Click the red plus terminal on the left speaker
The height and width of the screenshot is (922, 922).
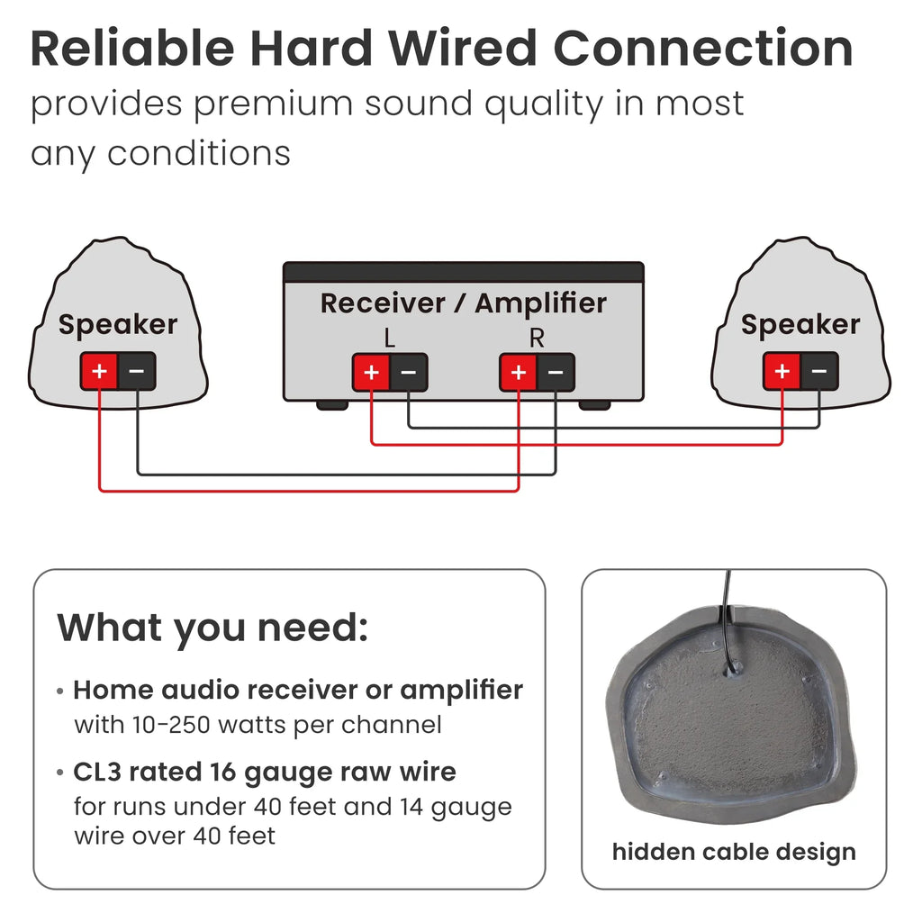click(99, 371)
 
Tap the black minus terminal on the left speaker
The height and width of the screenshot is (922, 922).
click(137, 371)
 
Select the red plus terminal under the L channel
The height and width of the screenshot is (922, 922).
click(371, 372)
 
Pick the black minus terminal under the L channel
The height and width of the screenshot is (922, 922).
click(409, 372)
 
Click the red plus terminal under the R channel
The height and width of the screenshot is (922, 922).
click(518, 372)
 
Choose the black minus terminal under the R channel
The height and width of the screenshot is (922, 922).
click(556, 372)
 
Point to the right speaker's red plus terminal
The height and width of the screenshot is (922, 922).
click(782, 371)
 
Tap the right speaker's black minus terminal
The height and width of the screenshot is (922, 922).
click(819, 371)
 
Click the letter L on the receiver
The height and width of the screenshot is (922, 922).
click(389, 339)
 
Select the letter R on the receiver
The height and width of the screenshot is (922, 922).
click(537, 339)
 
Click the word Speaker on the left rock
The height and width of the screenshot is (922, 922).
click(118, 325)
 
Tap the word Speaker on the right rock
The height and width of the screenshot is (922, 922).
click(800, 325)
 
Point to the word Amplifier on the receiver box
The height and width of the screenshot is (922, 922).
click(540, 303)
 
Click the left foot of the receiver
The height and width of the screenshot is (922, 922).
click(332, 405)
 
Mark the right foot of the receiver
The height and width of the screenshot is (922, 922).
click(594, 405)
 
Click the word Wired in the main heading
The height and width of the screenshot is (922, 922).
click(462, 49)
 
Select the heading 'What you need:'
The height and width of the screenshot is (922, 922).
click(212, 628)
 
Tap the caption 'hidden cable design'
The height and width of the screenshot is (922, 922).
click(734, 853)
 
